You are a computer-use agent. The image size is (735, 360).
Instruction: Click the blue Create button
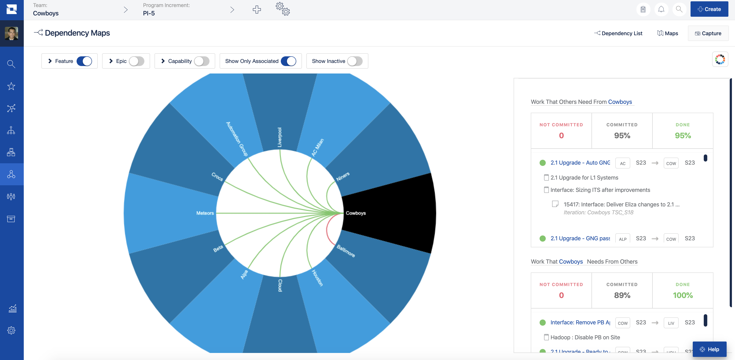click(x=709, y=9)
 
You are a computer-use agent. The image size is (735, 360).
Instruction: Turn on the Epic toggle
click(x=136, y=61)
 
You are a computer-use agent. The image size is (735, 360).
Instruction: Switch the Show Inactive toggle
click(x=355, y=61)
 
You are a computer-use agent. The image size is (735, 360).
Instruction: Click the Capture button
click(x=708, y=33)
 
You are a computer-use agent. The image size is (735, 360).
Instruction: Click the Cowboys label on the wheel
click(x=356, y=213)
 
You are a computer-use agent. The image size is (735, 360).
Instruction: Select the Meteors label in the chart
click(x=205, y=213)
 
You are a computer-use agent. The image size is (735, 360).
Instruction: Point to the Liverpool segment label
click(x=280, y=137)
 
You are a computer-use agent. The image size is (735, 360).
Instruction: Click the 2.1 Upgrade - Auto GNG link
click(x=580, y=163)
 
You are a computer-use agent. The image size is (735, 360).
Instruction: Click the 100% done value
click(x=682, y=295)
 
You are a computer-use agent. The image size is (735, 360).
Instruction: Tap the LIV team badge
click(x=671, y=323)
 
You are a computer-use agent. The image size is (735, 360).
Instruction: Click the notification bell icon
click(x=661, y=9)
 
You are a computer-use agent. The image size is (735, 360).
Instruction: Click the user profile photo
click(x=11, y=33)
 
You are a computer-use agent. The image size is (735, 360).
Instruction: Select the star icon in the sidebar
click(x=11, y=86)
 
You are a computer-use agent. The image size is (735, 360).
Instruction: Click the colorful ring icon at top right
click(x=720, y=59)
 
